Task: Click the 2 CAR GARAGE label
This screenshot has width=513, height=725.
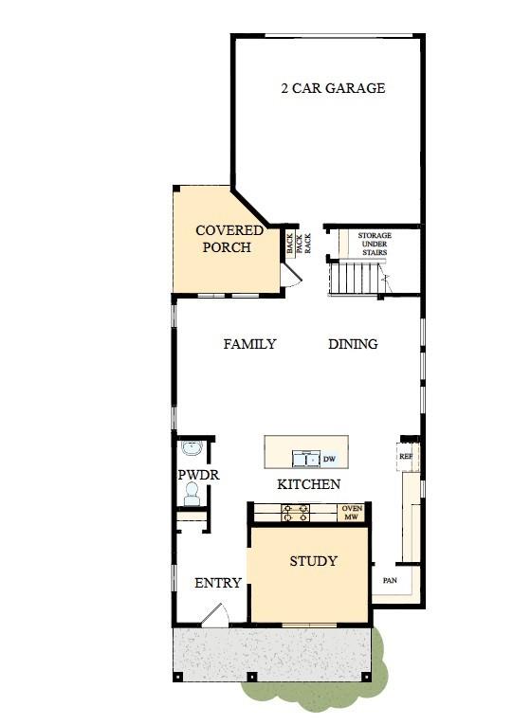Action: pos(333,88)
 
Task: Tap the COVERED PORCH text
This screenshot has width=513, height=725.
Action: pos(229,239)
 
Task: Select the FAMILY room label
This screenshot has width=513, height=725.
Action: pos(249,344)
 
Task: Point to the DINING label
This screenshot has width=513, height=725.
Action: pos(353,344)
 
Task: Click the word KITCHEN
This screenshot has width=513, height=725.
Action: pos(308,484)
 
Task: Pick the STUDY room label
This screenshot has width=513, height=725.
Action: pos(313,561)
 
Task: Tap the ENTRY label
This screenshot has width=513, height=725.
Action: pos(218,583)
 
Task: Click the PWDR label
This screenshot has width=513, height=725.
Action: pos(198,475)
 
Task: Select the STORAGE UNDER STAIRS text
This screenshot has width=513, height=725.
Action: pos(375,244)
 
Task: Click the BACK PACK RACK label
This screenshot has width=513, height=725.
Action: pos(299,244)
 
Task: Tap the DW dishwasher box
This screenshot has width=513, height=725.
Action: pos(329,459)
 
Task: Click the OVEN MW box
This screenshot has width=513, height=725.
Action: pos(352,513)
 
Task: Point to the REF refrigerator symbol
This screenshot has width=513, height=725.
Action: pos(407,457)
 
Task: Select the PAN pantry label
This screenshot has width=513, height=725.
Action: pos(390,580)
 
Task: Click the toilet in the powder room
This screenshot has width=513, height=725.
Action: pos(191,494)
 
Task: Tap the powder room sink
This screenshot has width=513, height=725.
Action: pos(192,448)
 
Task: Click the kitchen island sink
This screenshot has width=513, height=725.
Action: pos(305,459)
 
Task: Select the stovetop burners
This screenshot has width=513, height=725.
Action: pos(296,513)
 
